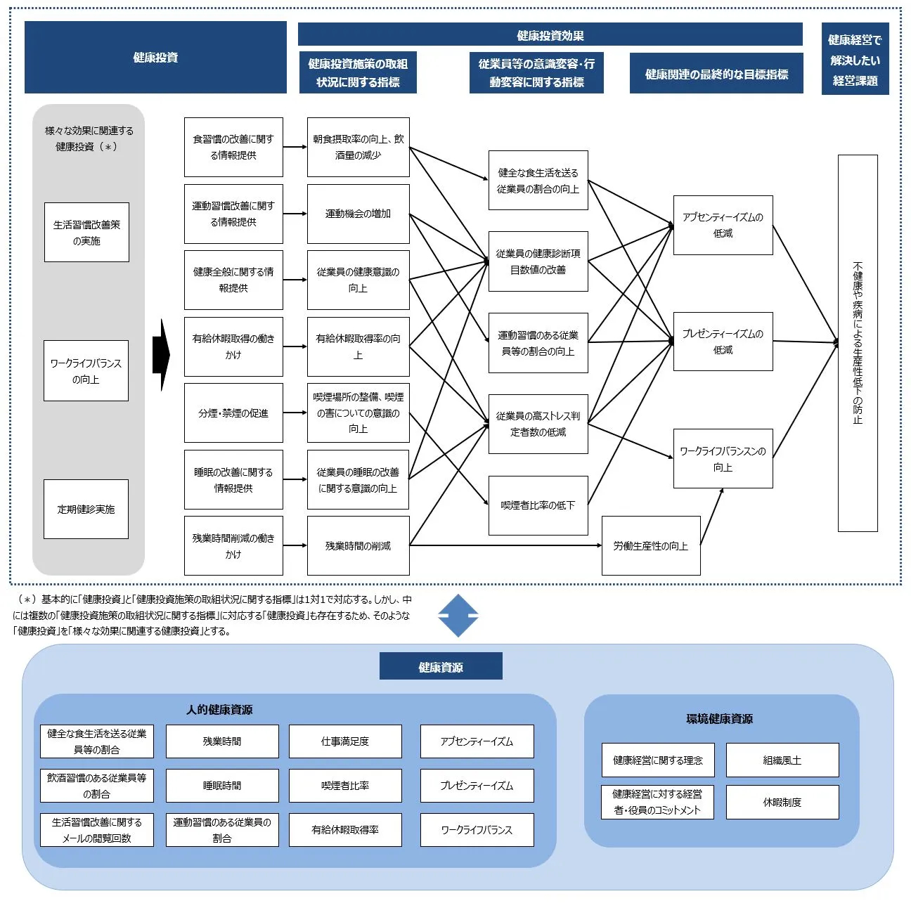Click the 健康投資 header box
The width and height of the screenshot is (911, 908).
pyautogui.click(x=155, y=58)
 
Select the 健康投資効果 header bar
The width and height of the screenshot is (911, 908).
pyautogui.click(x=550, y=34)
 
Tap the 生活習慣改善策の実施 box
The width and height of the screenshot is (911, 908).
pyautogui.click(x=86, y=233)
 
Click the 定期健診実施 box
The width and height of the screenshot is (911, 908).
pyautogui.click(x=86, y=510)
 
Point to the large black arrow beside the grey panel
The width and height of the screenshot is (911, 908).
pyautogui.click(x=161, y=356)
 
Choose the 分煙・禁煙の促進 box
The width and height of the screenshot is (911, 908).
pyautogui.click(x=233, y=413)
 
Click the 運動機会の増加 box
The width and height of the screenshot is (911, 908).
pyautogui.click(x=358, y=214)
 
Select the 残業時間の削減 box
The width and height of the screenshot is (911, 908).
pyautogui.click(x=358, y=546)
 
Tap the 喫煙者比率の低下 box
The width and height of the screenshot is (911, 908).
pyautogui.click(x=538, y=505)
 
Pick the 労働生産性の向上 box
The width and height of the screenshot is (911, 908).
pyautogui.click(x=651, y=546)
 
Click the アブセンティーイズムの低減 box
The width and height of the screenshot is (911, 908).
pyautogui.click(x=723, y=225)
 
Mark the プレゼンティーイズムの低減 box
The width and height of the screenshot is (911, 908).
pyautogui.click(x=723, y=342)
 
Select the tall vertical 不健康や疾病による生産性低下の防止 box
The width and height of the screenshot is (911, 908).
pyautogui.click(x=858, y=343)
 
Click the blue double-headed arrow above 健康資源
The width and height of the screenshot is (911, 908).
pyautogui.click(x=458, y=616)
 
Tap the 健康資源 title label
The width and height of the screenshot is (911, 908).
pyautogui.click(x=441, y=666)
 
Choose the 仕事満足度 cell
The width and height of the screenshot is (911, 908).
pyautogui.click(x=345, y=741)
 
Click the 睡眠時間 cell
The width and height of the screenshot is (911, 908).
pyautogui.click(x=222, y=786)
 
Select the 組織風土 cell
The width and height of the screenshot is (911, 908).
pyautogui.click(x=782, y=760)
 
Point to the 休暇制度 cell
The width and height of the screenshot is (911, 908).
pyautogui.click(x=782, y=803)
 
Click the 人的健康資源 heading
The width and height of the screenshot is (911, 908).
pyautogui.click(x=219, y=710)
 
